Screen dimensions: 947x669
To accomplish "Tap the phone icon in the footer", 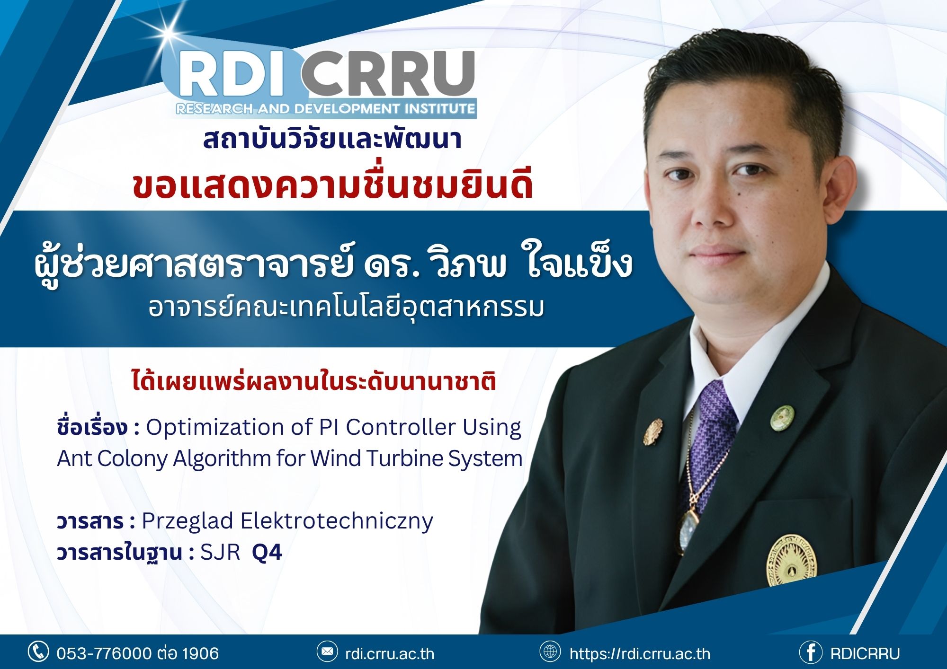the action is pos(38,651).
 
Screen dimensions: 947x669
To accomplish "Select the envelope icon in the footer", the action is pos(327,652).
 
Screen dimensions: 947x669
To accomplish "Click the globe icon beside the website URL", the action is pos(550,651).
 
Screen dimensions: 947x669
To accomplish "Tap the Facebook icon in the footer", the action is pos(811,652).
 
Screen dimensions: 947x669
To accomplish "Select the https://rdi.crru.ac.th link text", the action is pos(640,653).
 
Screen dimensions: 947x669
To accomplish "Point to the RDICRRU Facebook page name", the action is pos(865,653).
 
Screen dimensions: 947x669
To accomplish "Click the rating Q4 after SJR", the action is pos(267,552).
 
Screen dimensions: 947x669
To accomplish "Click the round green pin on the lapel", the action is pos(782,418).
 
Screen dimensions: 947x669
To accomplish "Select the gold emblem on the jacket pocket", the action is pos(791,560).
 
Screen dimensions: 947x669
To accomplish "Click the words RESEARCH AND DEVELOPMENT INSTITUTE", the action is pos(325,109).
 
